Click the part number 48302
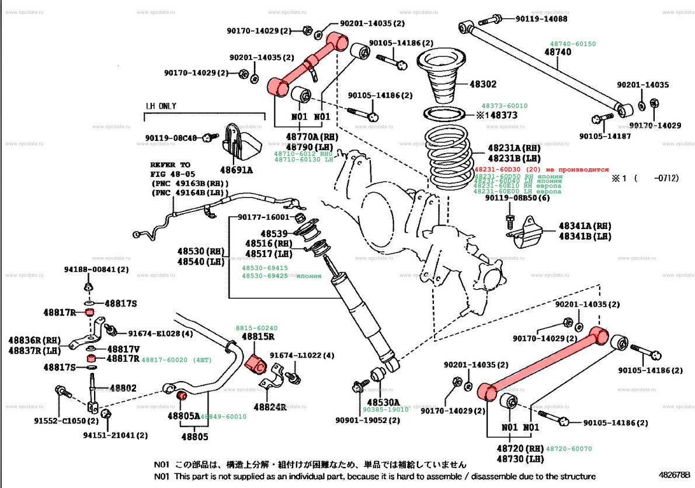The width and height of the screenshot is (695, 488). pos(484,84)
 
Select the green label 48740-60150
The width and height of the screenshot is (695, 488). pos(572,44)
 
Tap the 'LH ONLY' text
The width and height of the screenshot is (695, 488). pos(161,106)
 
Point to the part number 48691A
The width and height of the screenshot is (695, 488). pos(236,170)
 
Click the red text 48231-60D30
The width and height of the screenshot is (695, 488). pos(501,169)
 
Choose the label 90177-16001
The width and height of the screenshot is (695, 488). pos(263,217)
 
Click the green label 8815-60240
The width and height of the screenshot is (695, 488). pos(256,328)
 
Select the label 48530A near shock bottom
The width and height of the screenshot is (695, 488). pos(384,402)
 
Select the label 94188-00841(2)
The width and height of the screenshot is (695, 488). pos(96,269)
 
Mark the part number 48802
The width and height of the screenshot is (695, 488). pos(123,387)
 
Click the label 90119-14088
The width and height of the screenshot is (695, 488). pos(541,19)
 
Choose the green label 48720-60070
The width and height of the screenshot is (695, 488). pos(569,449)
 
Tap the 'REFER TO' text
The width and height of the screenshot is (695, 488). pos(170,165)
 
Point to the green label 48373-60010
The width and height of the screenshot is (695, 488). pos(504,106)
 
